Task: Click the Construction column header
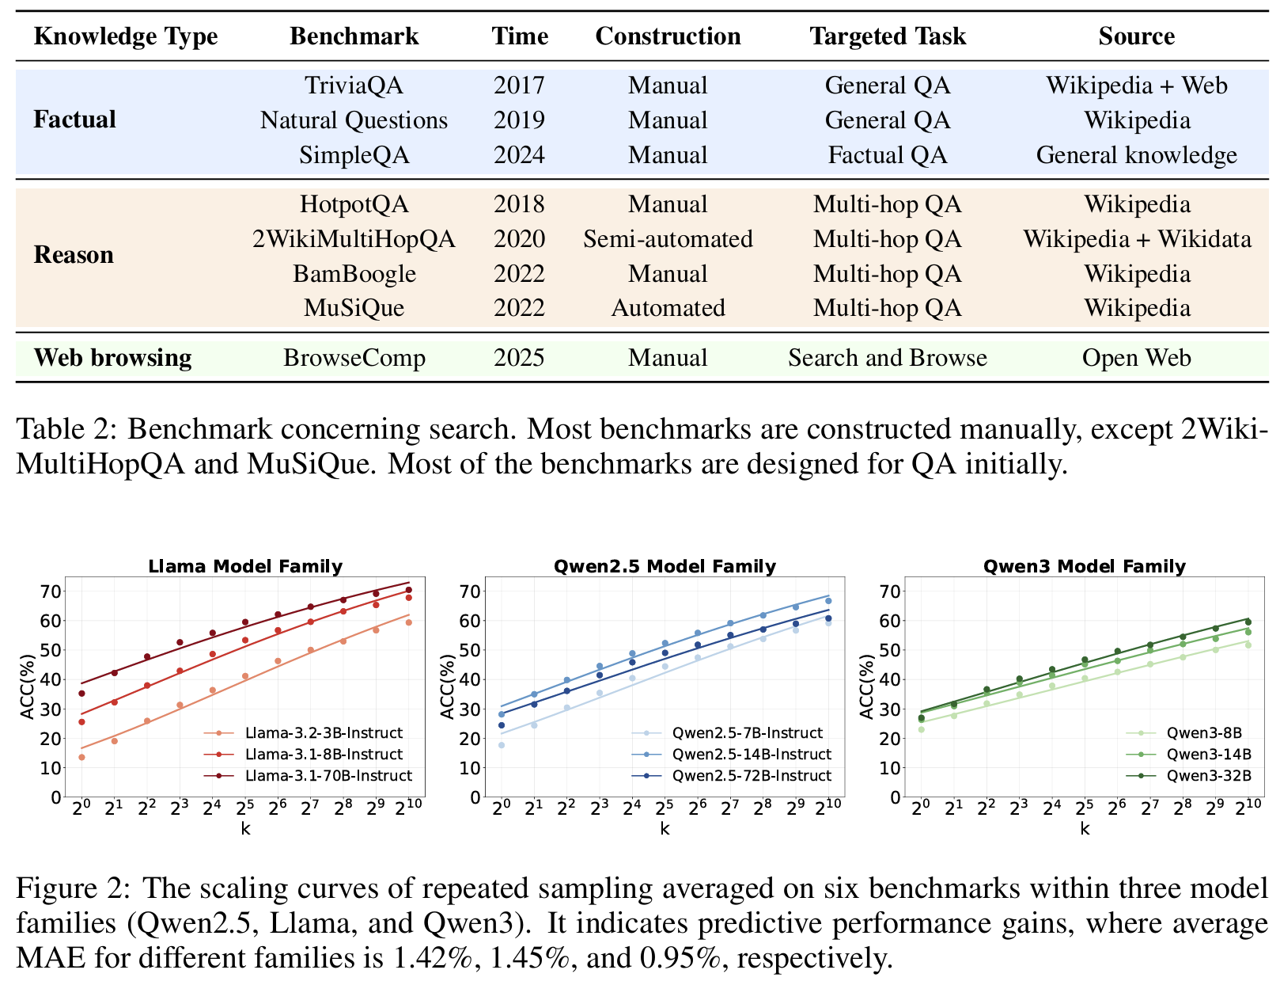668,36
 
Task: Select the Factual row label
74,120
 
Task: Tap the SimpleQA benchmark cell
354,154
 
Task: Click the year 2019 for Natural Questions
519,120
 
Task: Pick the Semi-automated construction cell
668,239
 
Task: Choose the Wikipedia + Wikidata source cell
1137,239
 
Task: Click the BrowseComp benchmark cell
354,358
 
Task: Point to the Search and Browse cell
887,358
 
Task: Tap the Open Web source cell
1136,358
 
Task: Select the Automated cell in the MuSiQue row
668,308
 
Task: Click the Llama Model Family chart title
245,566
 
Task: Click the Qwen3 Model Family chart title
1084,566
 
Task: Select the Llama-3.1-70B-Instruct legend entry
328,776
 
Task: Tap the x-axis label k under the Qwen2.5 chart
665,829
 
